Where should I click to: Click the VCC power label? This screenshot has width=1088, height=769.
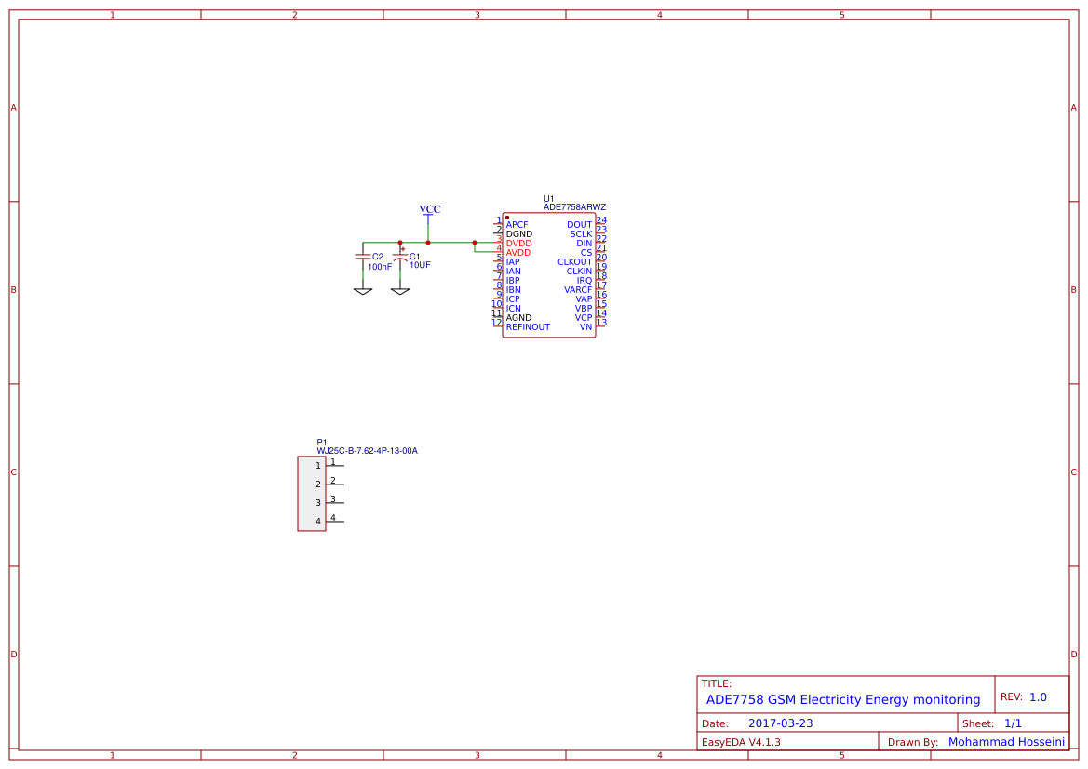pos(429,209)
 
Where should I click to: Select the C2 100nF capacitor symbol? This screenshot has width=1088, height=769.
pos(362,256)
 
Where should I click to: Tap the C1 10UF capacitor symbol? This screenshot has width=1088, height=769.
pos(400,256)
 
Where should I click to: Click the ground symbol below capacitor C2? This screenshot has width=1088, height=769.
pos(362,291)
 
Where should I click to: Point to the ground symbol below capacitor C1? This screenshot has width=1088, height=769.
pos(400,291)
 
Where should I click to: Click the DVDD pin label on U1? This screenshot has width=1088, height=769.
pos(518,244)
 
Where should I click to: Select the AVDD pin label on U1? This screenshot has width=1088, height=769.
pos(518,253)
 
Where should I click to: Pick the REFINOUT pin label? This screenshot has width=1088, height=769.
pos(528,327)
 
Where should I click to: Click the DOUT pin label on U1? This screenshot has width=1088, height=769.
pos(579,225)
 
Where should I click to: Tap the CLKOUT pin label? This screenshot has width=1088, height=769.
pos(574,262)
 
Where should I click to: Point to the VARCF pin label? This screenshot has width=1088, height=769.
pos(577,290)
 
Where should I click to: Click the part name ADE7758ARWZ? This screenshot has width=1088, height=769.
pos(574,207)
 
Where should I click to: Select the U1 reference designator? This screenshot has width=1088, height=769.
pos(549,198)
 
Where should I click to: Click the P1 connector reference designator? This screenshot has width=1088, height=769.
pos(322,443)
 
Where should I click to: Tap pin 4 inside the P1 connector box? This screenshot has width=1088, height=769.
pos(318,522)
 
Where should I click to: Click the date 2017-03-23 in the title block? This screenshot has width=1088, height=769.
pos(780,723)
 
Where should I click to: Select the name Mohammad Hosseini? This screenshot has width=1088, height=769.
pos(1006,742)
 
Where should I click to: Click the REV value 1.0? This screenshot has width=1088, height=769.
pos(1038,697)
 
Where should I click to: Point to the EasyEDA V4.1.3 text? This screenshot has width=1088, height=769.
pos(741,742)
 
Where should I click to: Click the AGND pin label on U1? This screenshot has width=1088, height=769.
pos(518,318)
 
